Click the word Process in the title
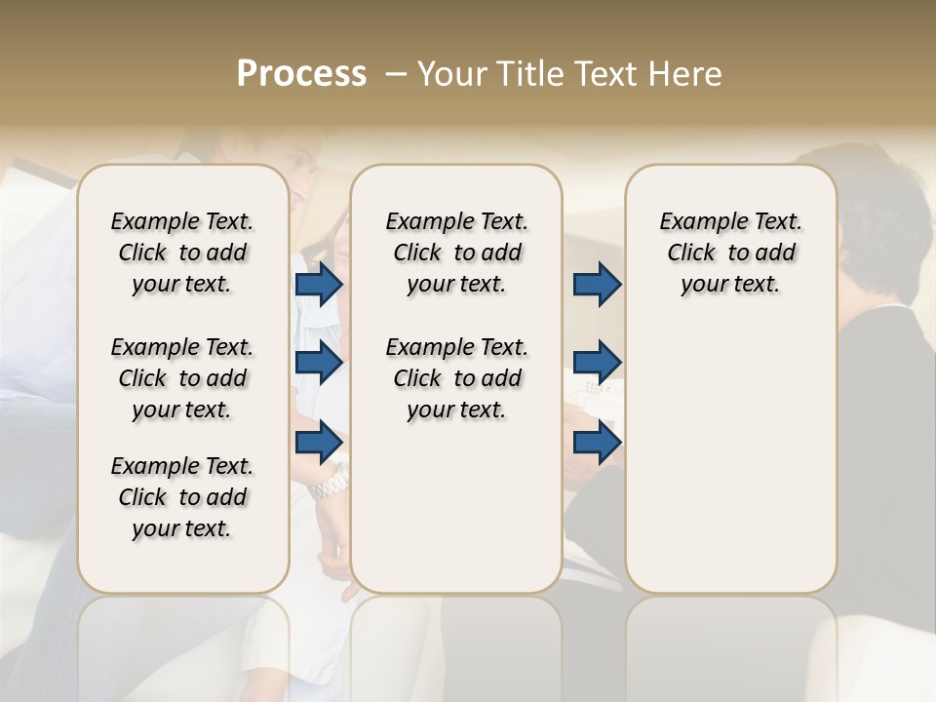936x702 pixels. point(301,74)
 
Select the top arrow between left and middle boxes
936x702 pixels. point(319,285)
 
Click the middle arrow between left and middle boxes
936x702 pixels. point(319,363)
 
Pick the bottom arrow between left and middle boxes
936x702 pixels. point(319,442)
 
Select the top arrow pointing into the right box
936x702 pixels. point(597,285)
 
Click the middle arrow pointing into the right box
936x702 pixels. point(597,363)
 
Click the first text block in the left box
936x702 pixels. point(182,253)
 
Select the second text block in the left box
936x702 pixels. point(182,378)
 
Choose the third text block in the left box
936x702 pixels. point(182,497)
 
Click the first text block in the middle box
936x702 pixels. point(456,253)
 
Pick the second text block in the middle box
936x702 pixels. point(456,378)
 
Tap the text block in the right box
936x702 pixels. point(730,253)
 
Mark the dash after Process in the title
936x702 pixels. point(396,74)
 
